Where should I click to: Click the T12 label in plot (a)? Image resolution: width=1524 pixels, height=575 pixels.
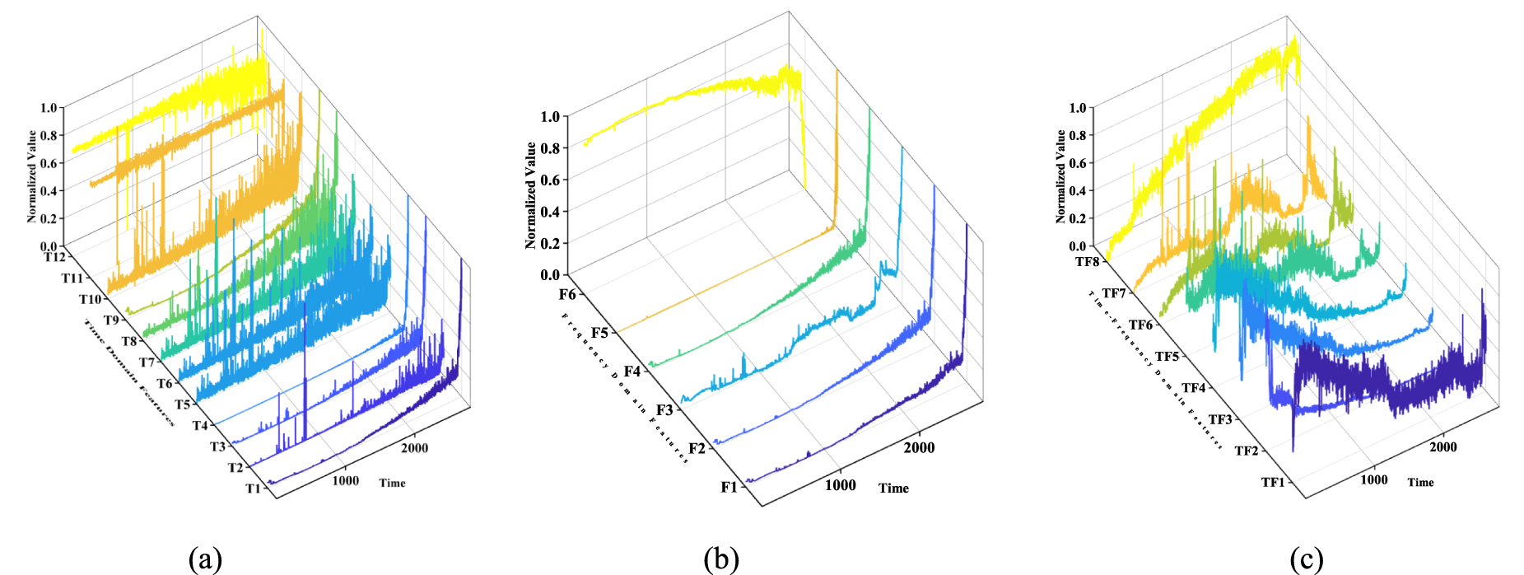click(x=54, y=257)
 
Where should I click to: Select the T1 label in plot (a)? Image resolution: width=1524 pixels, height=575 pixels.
click(x=253, y=489)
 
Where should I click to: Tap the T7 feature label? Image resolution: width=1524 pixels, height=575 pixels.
click(x=147, y=362)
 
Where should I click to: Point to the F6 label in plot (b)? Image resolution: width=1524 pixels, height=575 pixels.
click(x=567, y=295)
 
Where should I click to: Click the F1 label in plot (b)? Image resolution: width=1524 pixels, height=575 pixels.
click(x=729, y=487)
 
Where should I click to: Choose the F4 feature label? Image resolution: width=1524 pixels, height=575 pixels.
click(x=632, y=372)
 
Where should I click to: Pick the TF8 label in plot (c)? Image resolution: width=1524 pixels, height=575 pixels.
click(x=1087, y=262)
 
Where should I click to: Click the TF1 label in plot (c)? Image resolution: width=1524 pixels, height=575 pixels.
click(x=1273, y=482)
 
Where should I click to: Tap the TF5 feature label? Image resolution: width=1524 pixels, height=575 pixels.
click(x=1167, y=357)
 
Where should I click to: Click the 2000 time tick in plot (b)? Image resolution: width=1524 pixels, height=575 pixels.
click(x=919, y=447)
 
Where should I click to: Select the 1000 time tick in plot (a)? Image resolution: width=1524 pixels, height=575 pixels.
click(x=345, y=480)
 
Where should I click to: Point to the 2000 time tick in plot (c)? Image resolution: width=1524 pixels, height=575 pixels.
click(x=1442, y=446)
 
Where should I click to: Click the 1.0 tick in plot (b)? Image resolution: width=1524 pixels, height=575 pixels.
click(x=550, y=116)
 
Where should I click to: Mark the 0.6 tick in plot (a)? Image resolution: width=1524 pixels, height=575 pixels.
click(x=49, y=163)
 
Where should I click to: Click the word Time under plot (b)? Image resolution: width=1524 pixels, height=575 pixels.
click(x=893, y=488)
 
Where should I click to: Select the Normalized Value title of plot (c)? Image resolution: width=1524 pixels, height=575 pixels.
click(x=1060, y=176)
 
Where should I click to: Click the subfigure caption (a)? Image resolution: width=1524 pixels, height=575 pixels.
click(x=205, y=559)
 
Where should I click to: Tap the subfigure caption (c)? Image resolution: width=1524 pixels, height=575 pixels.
click(x=1306, y=559)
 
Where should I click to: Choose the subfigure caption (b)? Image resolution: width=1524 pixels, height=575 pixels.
click(x=721, y=559)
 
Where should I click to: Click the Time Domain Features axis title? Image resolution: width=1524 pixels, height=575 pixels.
click(x=128, y=372)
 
